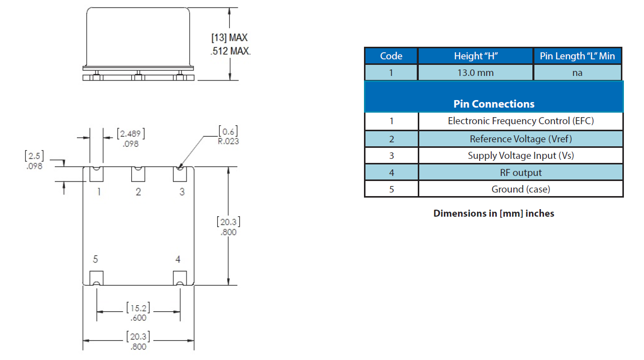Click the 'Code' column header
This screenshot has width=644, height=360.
pyautogui.click(x=391, y=56)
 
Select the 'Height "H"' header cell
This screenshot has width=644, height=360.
pyautogui.click(x=475, y=56)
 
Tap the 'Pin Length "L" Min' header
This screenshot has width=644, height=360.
pyautogui.click(x=577, y=56)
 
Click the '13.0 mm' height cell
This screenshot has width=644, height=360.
pyautogui.click(x=475, y=72)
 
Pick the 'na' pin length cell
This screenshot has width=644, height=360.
pyautogui.click(x=577, y=72)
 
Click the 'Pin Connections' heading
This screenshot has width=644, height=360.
pyautogui.click(x=494, y=104)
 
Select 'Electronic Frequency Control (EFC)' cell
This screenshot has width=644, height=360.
pyautogui.click(x=521, y=121)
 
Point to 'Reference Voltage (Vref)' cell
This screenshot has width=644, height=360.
pyautogui.click(x=521, y=139)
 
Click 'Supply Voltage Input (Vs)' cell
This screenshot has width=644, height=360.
pyautogui.click(x=521, y=155)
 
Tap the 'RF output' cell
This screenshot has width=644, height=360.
pyautogui.click(x=521, y=172)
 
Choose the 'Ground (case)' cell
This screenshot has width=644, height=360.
pyautogui.click(x=521, y=189)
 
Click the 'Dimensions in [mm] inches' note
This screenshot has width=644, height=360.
pyautogui.click(x=494, y=213)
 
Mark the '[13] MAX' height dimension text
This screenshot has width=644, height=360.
pyautogui.click(x=229, y=38)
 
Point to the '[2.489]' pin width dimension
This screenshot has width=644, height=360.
pyautogui.click(x=131, y=134)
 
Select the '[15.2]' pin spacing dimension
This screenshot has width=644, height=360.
pyautogui.click(x=138, y=308)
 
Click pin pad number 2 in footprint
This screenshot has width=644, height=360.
pyautogui.click(x=138, y=174)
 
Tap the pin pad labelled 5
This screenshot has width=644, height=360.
pyautogui.click(x=97, y=278)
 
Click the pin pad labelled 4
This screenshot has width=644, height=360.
pyautogui.click(x=179, y=278)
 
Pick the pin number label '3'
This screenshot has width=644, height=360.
pyautogui.click(x=182, y=192)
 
